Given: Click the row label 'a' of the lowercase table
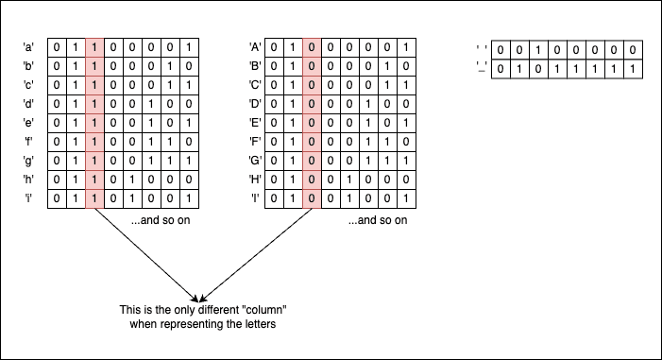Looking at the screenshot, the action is (x=28, y=47).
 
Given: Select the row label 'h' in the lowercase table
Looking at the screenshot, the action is (x=28, y=180).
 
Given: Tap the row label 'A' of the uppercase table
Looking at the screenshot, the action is (x=255, y=47).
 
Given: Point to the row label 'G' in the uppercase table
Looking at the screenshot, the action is (x=255, y=161).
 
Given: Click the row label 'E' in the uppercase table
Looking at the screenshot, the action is (x=255, y=123).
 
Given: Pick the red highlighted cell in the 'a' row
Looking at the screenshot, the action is (x=94, y=48).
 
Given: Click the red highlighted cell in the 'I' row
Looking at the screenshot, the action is (x=312, y=198).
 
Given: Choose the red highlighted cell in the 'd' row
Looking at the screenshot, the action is (x=94, y=104).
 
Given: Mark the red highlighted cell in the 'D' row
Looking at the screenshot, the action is (x=312, y=104).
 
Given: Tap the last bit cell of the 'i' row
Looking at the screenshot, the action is (x=189, y=198).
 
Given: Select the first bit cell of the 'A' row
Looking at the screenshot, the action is (x=274, y=48).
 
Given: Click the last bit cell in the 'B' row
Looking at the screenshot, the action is (x=406, y=66).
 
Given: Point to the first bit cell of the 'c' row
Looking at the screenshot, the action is (x=57, y=85).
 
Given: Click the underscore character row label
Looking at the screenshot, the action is (x=482, y=68).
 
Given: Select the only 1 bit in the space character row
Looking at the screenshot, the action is (x=538, y=50).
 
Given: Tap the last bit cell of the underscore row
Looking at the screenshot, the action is (x=633, y=69).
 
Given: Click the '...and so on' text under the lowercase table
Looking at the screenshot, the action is (x=161, y=220).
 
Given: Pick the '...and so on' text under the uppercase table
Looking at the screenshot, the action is (x=378, y=220).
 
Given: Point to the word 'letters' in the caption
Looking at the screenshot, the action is (x=262, y=324).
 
